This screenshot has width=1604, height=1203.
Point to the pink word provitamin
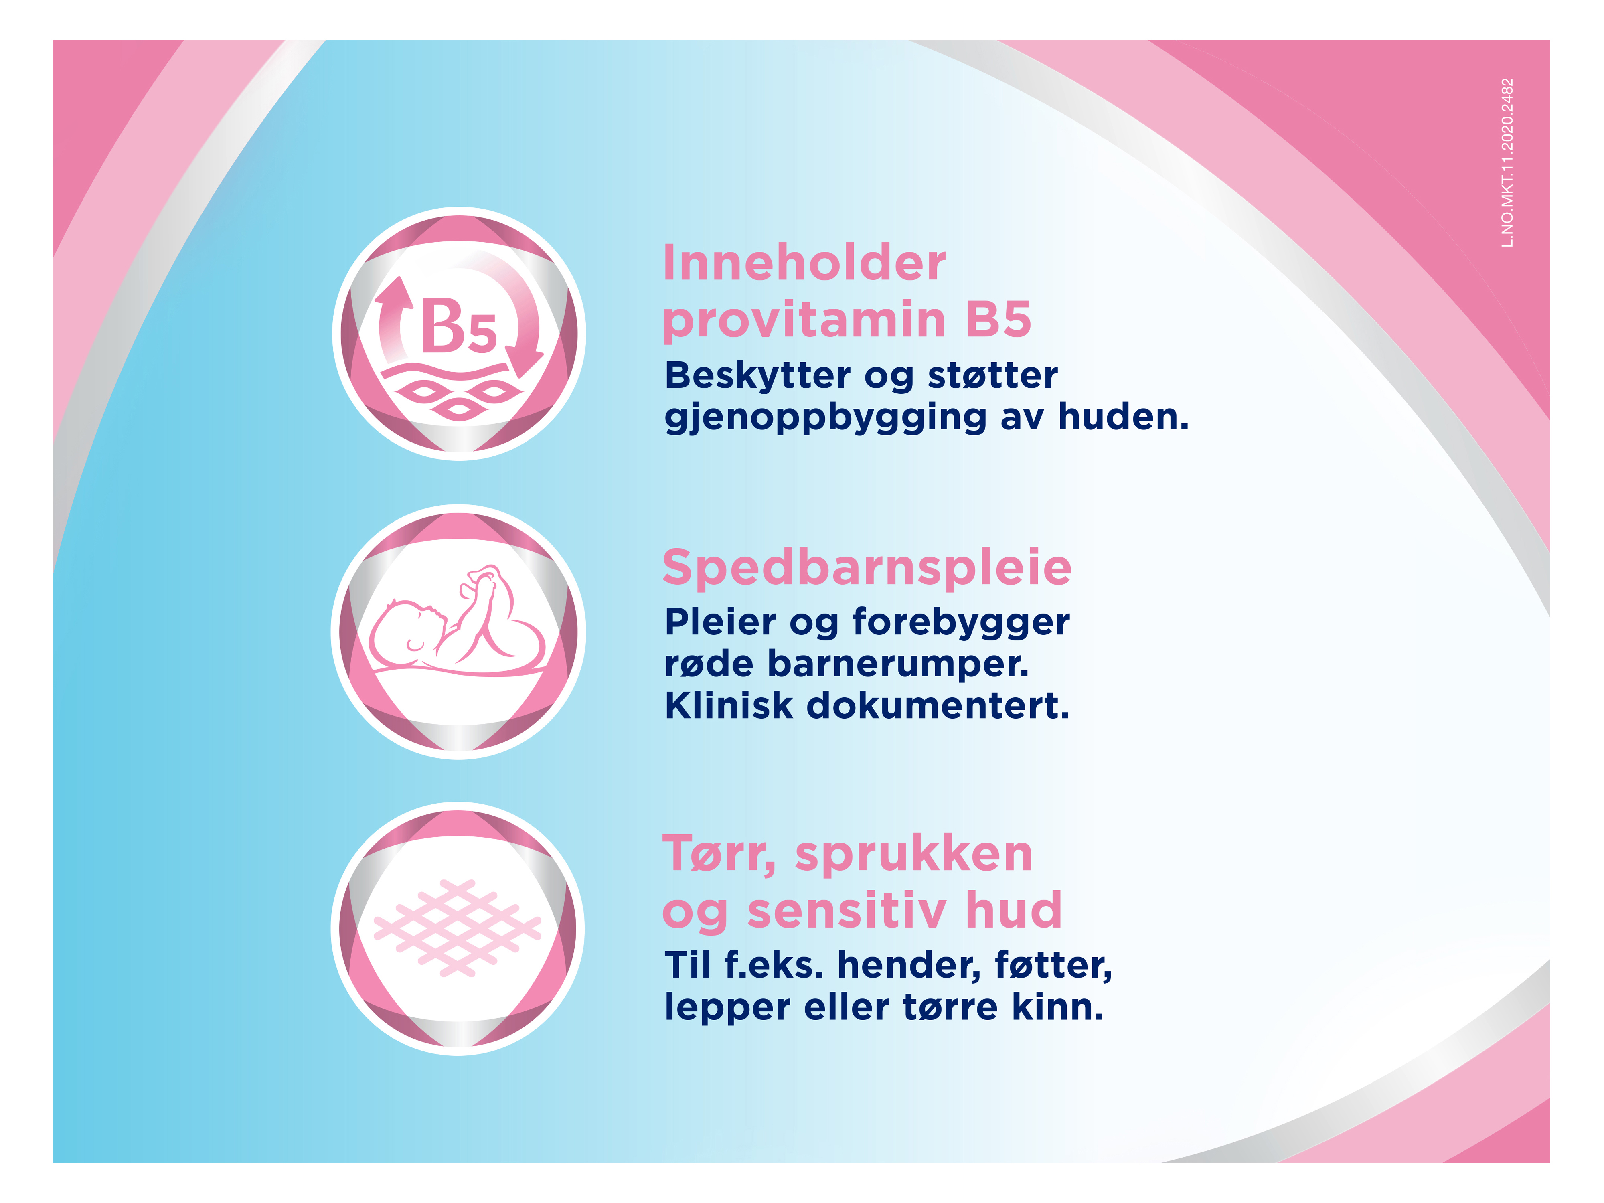pyautogui.click(x=804, y=320)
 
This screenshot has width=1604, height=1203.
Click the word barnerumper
pyautogui.click(x=898, y=664)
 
